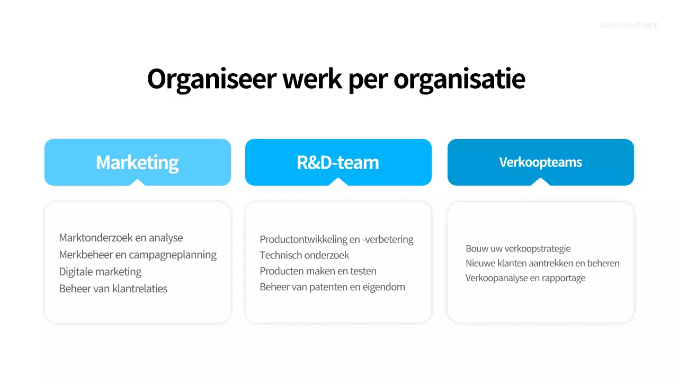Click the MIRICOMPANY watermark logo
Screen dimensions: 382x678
coord(629,25)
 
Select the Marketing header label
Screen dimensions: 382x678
coord(137,162)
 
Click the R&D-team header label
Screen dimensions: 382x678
coord(338,162)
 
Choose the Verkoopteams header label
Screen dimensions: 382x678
coord(540,162)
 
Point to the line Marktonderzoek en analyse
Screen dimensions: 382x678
coord(121,238)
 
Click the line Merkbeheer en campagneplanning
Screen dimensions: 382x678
coord(138,255)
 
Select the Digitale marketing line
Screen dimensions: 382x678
coord(100,272)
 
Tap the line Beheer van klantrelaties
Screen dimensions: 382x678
coord(113,289)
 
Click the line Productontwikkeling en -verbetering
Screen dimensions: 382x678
coord(336,239)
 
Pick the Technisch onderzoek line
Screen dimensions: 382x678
coord(304,255)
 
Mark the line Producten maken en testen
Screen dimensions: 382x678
coord(318,271)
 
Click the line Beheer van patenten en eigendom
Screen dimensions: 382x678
coord(332,287)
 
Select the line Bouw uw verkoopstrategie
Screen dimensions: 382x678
coord(518,248)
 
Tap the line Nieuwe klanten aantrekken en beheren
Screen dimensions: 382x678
coord(542,263)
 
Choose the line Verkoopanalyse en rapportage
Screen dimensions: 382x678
coord(525,278)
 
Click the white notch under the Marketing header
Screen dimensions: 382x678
coord(137,183)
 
